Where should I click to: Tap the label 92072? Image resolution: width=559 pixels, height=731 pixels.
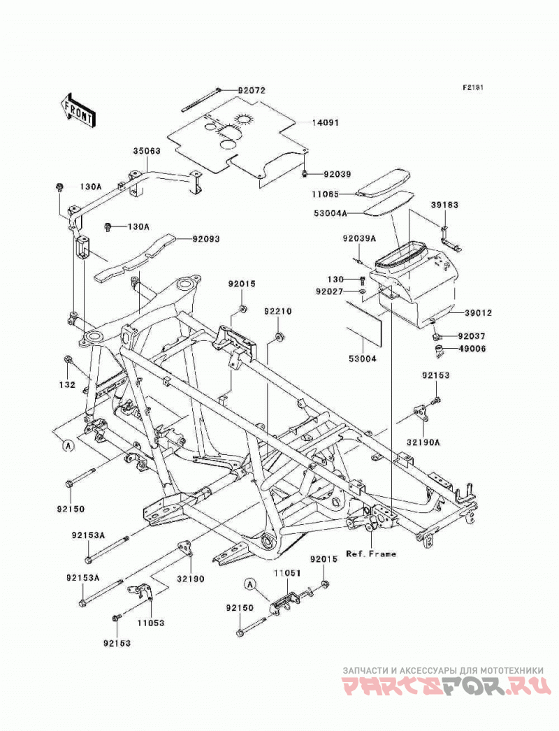point(252,90)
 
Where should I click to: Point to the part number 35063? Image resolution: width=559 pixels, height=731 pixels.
point(147,151)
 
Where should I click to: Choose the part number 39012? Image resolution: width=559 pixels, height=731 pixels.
point(477,313)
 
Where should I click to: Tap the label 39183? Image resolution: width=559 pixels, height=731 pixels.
point(444,205)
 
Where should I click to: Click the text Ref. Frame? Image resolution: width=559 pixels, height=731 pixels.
point(371,554)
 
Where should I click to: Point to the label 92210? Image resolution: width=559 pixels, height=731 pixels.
point(278,312)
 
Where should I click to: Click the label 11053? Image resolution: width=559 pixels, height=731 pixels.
point(151,623)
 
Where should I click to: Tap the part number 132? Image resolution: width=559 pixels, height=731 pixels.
point(67,385)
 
